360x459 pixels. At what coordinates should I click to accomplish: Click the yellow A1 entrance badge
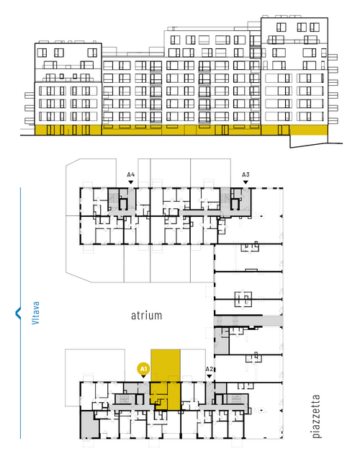pyautogui.click(x=143, y=369)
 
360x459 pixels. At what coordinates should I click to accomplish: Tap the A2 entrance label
pyautogui.click(x=209, y=369)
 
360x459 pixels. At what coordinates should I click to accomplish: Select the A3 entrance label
pyautogui.click(x=246, y=174)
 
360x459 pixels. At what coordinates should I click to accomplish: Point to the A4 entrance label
pyautogui.click(x=131, y=174)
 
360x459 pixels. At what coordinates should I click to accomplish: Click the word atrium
pyautogui.click(x=146, y=316)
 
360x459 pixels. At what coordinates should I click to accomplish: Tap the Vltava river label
pyautogui.click(x=35, y=313)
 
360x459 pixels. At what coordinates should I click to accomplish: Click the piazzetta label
pyautogui.click(x=316, y=416)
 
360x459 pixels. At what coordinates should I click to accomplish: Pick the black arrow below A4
pyautogui.click(x=131, y=182)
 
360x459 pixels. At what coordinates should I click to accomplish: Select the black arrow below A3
pyautogui.click(x=246, y=182)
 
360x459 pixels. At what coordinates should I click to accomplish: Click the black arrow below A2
pyautogui.click(x=209, y=376)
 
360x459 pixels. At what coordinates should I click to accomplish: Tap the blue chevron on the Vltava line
pyautogui.click(x=18, y=313)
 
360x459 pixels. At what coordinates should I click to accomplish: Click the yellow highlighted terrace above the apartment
pyautogui.click(x=165, y=365)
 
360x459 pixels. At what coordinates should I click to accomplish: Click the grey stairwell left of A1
pyautogui.click(x=125, y=399)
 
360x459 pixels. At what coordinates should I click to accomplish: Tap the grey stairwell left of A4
pyautogui.click(x=114, y=198)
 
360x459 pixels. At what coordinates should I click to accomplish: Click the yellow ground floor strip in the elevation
pyautogui.click(x=181, y=130)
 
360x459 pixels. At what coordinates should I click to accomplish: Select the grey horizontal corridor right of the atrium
pyautogui.click(x=248, y=321)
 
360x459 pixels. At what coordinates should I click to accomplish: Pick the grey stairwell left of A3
pyautogui.click(x=225, y=198)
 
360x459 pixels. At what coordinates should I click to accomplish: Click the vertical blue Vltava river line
pyautogui.click(x=20, y=313)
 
